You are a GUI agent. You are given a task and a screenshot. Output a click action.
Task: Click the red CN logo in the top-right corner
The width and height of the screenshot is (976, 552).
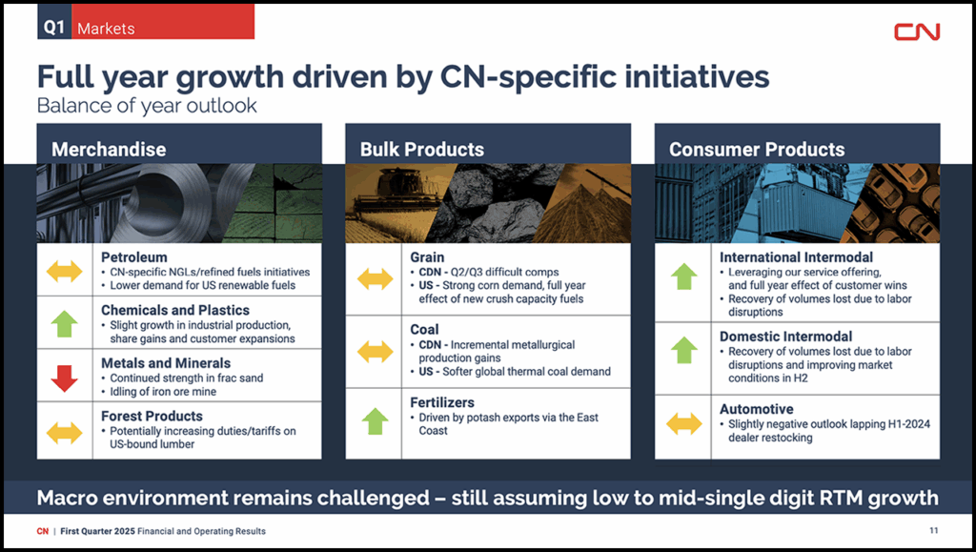[x=917, y=31]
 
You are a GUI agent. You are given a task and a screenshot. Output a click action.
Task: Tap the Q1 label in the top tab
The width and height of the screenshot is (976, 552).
[x=54, y=28]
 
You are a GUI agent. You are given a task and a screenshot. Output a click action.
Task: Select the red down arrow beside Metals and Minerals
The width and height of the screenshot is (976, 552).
[x=64, y=378]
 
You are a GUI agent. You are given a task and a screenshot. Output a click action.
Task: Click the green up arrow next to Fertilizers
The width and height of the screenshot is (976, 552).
[x=375, y=421]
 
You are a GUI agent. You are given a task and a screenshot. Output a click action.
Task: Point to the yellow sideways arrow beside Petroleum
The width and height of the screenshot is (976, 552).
[x=64, y=272]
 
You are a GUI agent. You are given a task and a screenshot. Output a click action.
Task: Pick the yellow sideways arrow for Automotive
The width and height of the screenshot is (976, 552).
[x=684, y=424]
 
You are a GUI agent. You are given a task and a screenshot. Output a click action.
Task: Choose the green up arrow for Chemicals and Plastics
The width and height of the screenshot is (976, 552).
[x=64, y=324]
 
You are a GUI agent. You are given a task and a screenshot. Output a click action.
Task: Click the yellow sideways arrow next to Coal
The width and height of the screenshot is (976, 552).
[x=375, y=352]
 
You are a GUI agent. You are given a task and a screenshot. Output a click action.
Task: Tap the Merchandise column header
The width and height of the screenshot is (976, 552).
[x=109, y=150]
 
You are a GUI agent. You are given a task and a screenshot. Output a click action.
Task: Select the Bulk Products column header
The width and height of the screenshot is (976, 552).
[x=422, y=150]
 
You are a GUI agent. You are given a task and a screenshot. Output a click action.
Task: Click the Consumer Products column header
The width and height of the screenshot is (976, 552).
[x=757, y=150]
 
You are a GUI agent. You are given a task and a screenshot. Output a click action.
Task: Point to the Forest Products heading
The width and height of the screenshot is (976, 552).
[x=152, y=416]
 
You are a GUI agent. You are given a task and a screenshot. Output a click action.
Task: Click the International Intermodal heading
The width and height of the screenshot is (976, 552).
[x=796, y=257]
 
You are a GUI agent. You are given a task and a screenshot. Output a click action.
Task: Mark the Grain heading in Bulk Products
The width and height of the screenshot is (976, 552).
[x=427, y=257]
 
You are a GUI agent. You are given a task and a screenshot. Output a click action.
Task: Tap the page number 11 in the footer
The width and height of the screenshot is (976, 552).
[x=934, y=530]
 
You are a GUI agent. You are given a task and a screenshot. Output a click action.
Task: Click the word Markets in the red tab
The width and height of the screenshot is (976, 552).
[x=106, y=29]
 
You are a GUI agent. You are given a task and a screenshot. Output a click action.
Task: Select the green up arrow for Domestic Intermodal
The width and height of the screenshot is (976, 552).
[x=684, y=350]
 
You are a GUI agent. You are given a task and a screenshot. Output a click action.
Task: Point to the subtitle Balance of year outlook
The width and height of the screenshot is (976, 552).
[x=147, y=105]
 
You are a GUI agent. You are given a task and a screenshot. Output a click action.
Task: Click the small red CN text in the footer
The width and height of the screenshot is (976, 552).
[x=42, y=531]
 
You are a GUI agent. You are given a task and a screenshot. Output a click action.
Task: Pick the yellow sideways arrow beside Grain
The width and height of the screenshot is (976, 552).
[x=375, y=278]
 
